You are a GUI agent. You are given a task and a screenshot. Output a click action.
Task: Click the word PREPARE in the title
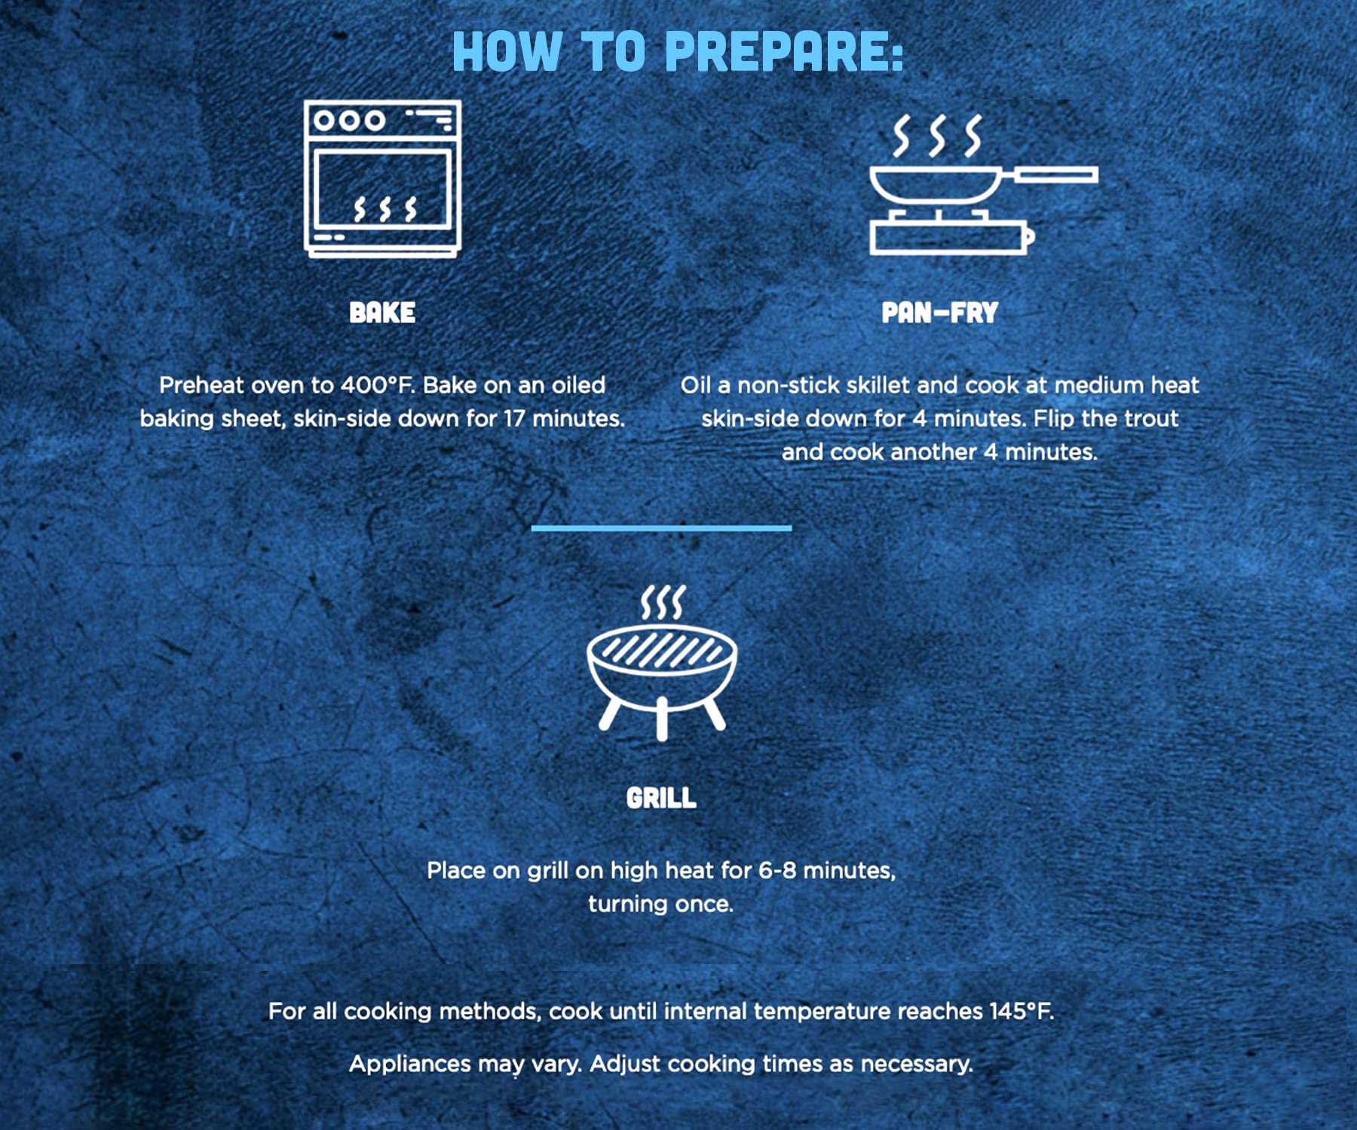pyautogui.click(x=784, y=51)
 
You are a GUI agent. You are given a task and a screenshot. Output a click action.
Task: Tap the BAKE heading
pyautogui.click(x=382, y=313)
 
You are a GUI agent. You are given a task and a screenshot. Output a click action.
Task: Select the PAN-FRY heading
pyautogui.click(x=940, y=313)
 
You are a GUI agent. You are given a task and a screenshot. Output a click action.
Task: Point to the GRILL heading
pyautogui.click(x=661, y=798)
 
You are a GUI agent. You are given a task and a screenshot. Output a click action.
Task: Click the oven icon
pyautogui.click(x=382, y=179)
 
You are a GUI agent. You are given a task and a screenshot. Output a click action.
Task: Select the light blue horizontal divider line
pyautogui.click(x=661, y=528)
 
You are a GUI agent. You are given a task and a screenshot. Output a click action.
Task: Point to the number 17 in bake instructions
pyautogui.click(x=515, y=418)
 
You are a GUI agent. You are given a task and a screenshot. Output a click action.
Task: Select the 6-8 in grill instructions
pyautogui.click(x=777, y=870)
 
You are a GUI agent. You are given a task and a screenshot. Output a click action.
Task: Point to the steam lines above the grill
pyautogui.click(x=663, y=602)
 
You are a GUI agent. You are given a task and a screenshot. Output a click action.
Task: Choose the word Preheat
pyautogui.click(x=202, y=385)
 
